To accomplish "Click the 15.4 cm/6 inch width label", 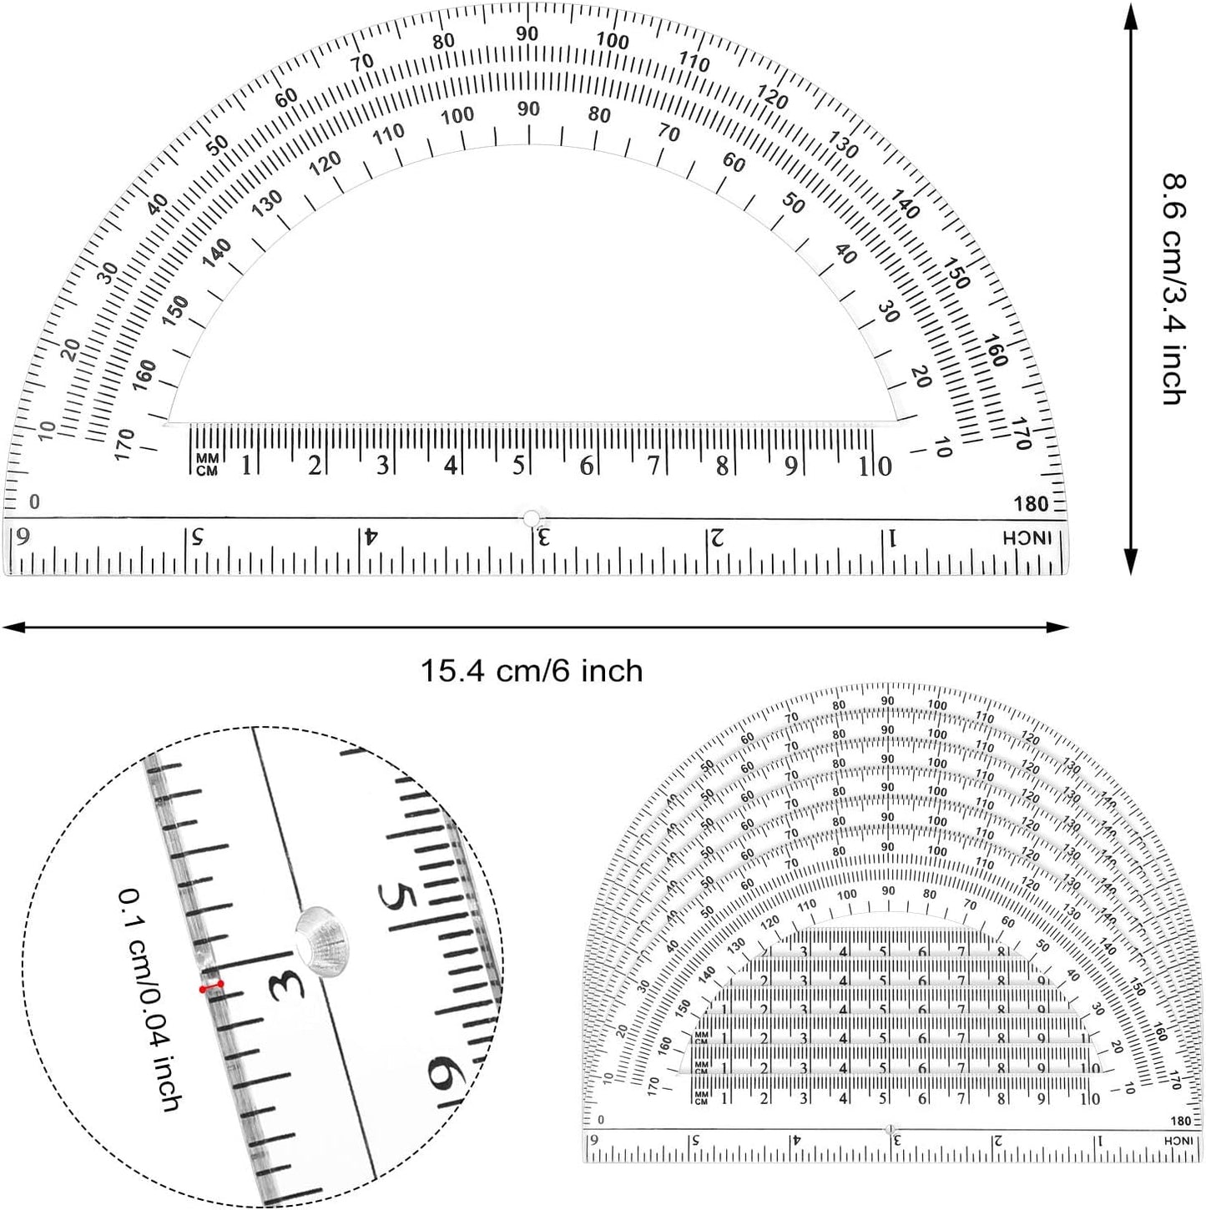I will tap(531, 671).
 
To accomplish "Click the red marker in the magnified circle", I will tap(211, 987).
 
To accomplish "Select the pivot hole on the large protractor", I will tap(531, 518).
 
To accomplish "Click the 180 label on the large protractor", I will tap(1031, 504).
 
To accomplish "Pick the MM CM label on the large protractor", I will tap(206, 466).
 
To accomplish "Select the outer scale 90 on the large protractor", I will tap(527, 33).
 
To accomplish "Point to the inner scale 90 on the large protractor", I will tap(528, 109).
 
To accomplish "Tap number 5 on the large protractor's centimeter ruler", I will tap(518, 466).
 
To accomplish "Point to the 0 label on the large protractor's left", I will tap(34, 502).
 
